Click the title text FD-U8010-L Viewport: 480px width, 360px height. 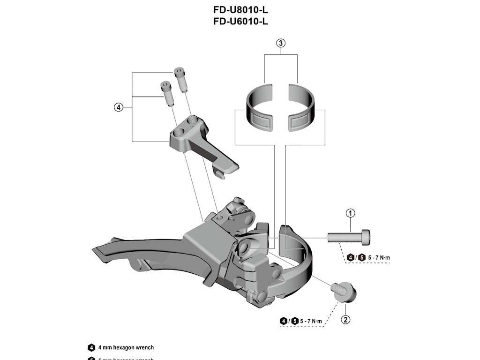[240, 10]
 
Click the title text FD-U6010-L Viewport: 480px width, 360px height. [240, 21]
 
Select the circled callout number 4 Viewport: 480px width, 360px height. [118, 107]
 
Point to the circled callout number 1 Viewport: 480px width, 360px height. [351, 214]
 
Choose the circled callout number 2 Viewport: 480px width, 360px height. [345, 320]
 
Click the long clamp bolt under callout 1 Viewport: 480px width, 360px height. [349, 237]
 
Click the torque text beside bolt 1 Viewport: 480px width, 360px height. [379, 257]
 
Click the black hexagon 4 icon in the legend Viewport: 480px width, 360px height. [91, 348]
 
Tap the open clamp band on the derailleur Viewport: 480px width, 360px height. [300, 253]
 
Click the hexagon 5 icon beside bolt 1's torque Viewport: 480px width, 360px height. [361, 257]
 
